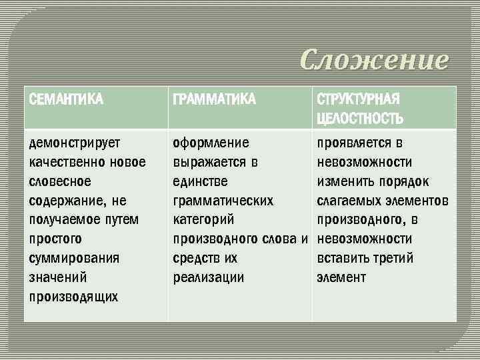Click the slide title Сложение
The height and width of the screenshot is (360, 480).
pyautogui.click(x=374, y=60)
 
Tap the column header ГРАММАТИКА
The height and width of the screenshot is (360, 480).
pyautogui.click(x=213, y=100)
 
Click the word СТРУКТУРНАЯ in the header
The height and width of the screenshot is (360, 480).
pyautogui.click(x=358, y=100)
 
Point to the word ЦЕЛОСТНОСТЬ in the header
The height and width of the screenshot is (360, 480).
pyautogui.click(x=360, y=119)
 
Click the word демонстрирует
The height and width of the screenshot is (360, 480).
pyautogui.click(x=74, y=143)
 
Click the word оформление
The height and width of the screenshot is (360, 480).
pyautogui.click(x=211, y=143)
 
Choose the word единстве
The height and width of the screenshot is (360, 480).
pyautogui.click(x=200, y=181)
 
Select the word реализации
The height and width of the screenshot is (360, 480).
pyautogui.click(x=207, y=277)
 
